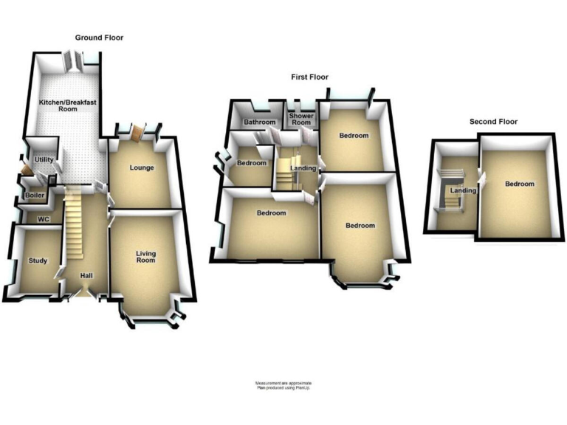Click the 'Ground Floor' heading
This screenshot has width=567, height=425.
[99, 38]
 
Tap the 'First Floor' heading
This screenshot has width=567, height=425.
[309, 77]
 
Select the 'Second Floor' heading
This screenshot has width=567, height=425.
[493, 122]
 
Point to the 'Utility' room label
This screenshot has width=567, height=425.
[42, 159]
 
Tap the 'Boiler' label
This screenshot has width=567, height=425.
[34, 196]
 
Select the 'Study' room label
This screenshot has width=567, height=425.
[37, 260]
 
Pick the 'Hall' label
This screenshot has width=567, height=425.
[86, 276]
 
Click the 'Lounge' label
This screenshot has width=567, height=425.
[142, 167]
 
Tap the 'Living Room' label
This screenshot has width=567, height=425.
[145, 257]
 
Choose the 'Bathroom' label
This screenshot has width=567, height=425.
[260, 122]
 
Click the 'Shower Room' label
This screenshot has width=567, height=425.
[301, 120]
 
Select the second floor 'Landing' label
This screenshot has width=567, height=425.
[463, 191]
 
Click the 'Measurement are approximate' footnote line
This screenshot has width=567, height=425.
[283, 384]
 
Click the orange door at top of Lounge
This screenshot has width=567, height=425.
[137, 132]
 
